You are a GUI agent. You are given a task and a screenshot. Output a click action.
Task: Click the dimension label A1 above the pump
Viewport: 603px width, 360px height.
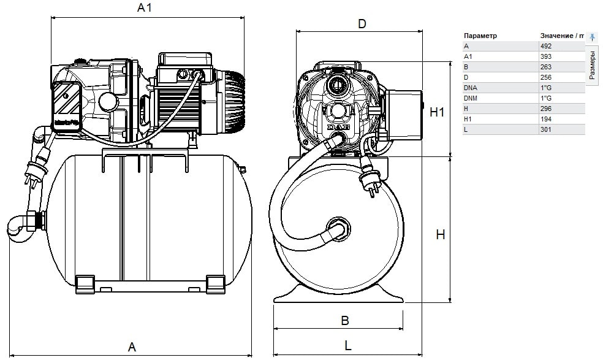coord(144,8)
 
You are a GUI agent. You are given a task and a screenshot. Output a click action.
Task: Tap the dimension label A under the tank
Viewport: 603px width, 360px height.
coord(132,347)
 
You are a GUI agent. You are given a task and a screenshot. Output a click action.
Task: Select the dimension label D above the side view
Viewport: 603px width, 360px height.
coord(362,24)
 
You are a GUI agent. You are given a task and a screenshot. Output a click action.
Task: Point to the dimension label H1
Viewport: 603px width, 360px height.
coord(438,112)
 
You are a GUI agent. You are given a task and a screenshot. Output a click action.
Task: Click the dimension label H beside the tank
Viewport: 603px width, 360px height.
coord(440,235)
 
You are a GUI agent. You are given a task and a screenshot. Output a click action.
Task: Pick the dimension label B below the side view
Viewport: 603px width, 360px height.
coord(345,321)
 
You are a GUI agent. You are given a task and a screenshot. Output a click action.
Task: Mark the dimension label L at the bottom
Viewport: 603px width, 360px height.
coord(347,345)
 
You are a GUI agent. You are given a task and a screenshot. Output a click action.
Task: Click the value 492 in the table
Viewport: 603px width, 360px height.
coord(546,46)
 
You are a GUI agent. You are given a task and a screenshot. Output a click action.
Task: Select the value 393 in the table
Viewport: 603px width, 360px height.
coord(546,56)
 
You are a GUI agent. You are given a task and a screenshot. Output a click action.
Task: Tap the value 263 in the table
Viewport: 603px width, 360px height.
coord(546,67)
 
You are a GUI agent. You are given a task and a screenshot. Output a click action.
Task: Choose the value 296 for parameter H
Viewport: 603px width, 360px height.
coord(546,109)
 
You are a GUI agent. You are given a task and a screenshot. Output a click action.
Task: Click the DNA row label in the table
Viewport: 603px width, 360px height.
coord(470,88)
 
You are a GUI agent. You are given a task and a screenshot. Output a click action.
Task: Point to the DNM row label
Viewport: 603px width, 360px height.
coord(470,98)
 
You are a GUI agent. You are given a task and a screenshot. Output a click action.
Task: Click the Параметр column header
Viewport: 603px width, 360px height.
coord(480,36)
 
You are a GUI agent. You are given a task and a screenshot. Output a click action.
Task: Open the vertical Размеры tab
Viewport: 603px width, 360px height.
coord(592,66)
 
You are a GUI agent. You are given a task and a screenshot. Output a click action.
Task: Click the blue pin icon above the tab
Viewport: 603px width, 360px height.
coord(592,37)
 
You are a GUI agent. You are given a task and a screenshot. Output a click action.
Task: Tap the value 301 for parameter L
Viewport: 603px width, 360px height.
coord(546,129)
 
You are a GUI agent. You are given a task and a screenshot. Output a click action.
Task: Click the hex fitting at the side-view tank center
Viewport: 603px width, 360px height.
coord(338,228)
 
